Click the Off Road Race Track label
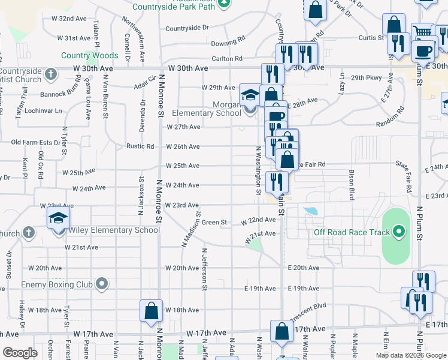[352, 233]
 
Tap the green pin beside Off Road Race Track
[399, 233]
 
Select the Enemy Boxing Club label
[55, 284]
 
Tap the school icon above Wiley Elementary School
[58, 218]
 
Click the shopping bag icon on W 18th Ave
[151, 311]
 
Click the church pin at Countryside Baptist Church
[51, 75]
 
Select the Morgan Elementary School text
[207, 108]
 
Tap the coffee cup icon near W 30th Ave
[423, 52]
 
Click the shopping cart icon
[423, 34]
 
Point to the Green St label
[214, 223]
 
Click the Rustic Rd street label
[140, 146]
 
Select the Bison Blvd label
[352, 181]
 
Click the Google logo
[20, 353]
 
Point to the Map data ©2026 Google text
[411, 355]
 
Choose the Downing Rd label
[228, 43]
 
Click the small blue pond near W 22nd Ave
[310, 212]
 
